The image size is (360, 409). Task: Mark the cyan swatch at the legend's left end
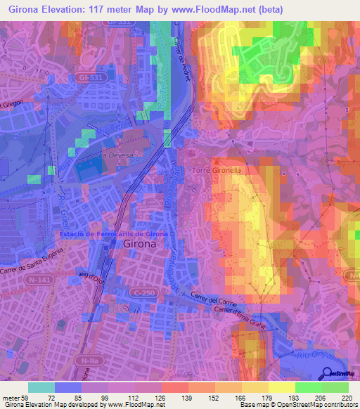pyautogui.click(x=41, y=387)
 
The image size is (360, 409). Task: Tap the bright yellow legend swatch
pyautogui.click(x=281, y=387)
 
